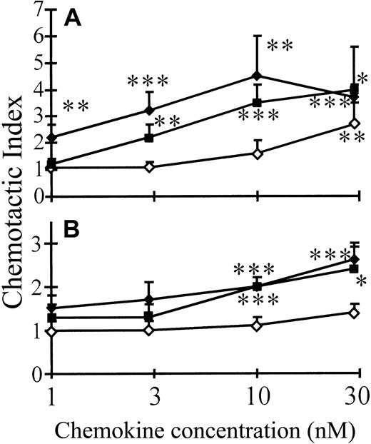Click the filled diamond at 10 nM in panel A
click(257, 76)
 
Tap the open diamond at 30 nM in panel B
click(354, 313)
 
